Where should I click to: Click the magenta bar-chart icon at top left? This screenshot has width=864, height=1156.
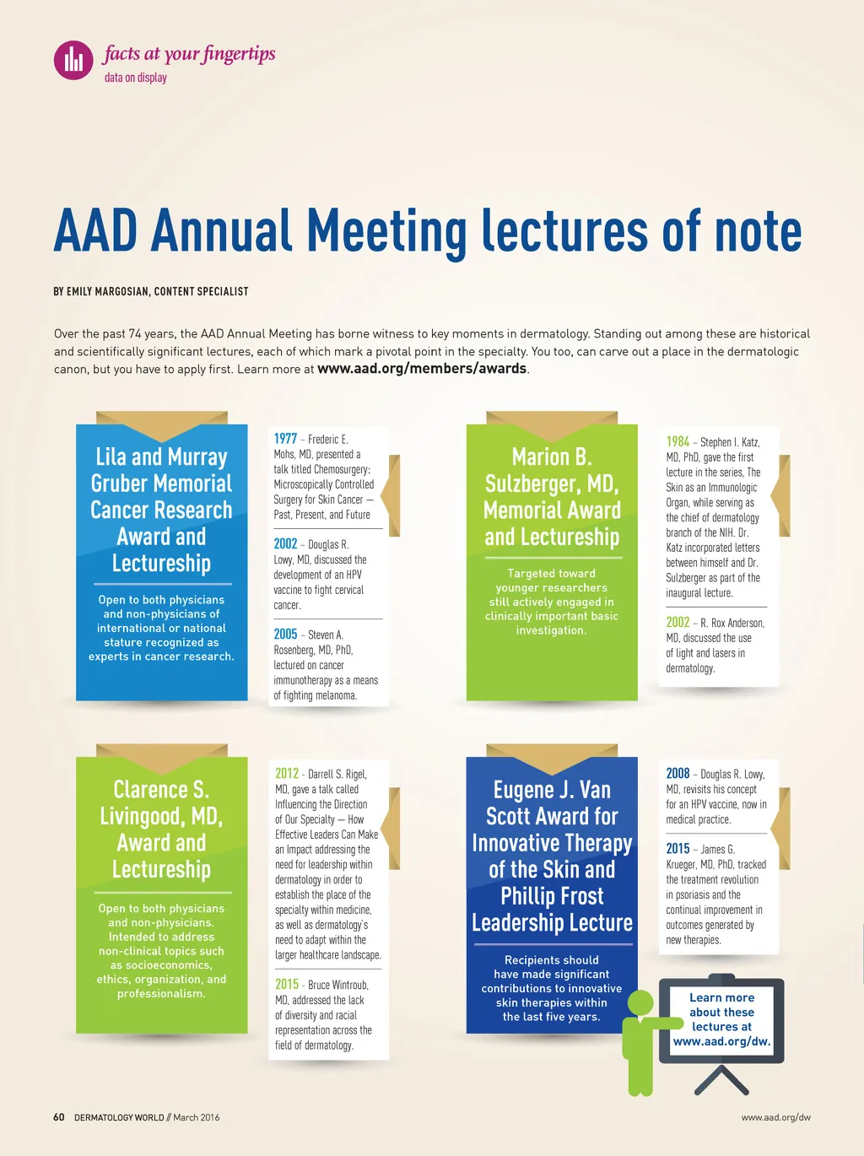[73, 60]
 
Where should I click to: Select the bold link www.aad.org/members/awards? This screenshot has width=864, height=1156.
[422, 369]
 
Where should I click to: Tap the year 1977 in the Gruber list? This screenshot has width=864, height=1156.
[285, 439]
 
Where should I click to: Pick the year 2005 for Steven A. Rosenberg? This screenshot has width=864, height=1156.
[285, 635]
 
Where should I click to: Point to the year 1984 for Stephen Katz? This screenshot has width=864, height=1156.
[678, 441]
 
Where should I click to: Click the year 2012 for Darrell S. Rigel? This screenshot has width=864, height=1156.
[287, 774]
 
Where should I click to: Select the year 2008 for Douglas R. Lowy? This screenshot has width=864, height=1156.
[678, 774]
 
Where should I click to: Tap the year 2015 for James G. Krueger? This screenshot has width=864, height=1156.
[678, 849]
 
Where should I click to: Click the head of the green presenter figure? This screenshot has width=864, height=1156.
[640, 1003]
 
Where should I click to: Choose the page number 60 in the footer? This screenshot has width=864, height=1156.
[59, 1117]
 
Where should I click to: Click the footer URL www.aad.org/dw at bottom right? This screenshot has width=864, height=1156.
[775, 1117]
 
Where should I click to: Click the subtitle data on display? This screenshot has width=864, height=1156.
[136, 78]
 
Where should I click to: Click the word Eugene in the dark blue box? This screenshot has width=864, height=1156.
[523, 791]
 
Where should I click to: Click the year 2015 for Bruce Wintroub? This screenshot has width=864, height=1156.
[287, 985]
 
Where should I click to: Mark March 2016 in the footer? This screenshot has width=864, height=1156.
[196, 1117]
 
